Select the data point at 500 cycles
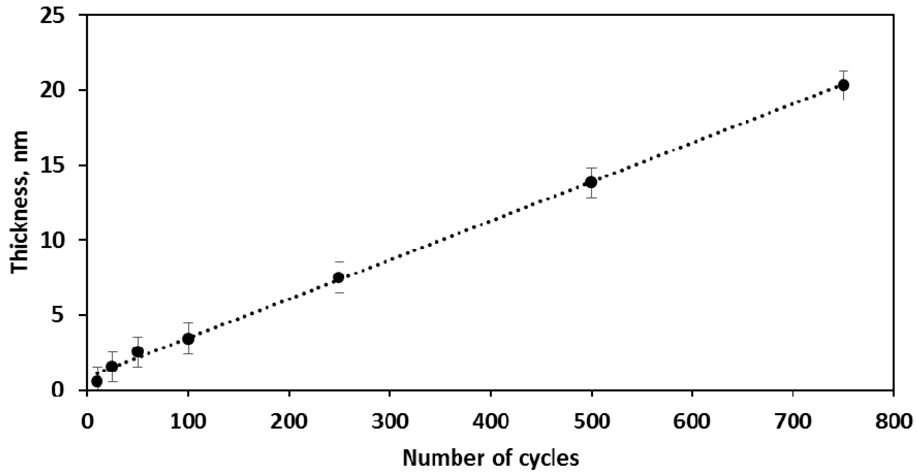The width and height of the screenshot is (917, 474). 591,182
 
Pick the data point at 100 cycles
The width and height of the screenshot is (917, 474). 188,339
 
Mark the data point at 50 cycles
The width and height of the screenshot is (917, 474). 138,352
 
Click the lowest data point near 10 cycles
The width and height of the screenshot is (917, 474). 97,381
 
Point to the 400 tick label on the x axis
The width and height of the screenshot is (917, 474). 491,422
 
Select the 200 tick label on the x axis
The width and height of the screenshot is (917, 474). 289,422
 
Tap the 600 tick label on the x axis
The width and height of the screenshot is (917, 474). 692,422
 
